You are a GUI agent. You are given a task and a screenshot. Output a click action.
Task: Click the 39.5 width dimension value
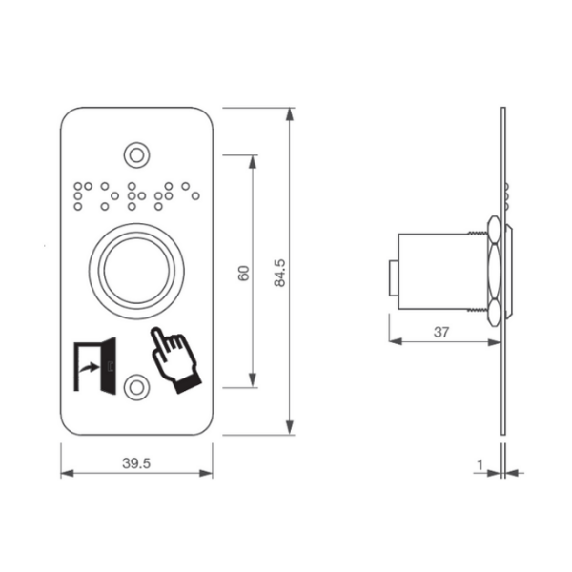pyautogui.click(x=136, y=463)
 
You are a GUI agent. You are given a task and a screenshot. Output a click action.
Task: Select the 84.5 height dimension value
pyautogui.click(x=279, y=273)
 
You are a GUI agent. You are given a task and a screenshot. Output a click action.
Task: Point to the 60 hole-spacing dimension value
pyautogui.click(x=243, y=273)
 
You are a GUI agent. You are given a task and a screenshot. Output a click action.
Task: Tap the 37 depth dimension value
pyautogui.click(x=441, y=332)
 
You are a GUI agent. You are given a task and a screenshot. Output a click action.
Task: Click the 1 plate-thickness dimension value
pyautogui.click(x=480, y=465)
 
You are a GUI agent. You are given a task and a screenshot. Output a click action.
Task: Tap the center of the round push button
pyautogui.click(x=136, y=271)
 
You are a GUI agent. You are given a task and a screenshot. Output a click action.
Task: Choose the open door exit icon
pyautogui.click(x=95, y=366)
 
